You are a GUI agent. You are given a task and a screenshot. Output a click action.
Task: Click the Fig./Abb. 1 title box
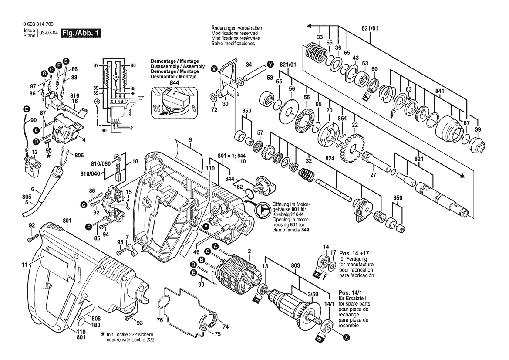point(81,33)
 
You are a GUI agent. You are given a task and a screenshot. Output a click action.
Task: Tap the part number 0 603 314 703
point(38,24)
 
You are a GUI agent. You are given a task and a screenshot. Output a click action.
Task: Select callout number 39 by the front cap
point(478,129)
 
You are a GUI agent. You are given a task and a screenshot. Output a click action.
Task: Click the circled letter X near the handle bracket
point(214,68)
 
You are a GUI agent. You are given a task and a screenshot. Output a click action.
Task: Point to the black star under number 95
point(49,156)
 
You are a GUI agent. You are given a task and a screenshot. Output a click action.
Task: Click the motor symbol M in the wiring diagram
point(116,77)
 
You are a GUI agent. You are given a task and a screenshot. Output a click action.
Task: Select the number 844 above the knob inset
point(175,83)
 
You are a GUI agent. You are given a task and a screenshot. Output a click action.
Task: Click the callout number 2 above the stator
point(249,251)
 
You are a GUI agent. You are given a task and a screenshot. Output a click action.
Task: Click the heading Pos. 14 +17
point(354,253)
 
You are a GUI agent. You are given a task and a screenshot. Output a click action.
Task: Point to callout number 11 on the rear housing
point(25,265)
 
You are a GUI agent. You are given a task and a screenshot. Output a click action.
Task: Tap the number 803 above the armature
point(295,265)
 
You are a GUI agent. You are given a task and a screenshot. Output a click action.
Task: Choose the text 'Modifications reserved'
point(235,33)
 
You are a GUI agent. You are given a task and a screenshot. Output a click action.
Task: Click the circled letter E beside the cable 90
point(26,109)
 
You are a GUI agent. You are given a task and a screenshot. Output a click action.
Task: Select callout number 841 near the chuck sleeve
point(439,91)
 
